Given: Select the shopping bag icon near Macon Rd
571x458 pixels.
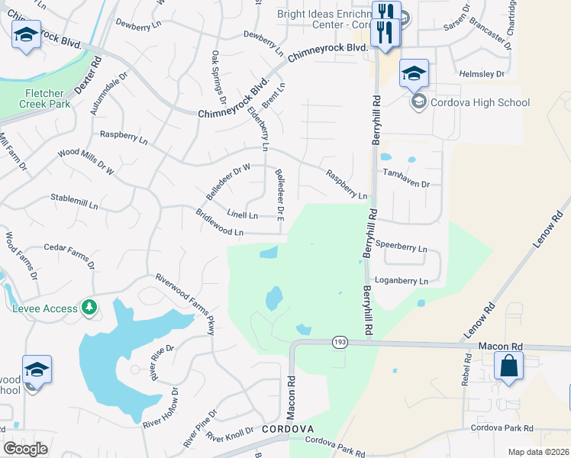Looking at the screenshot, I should (508, 367).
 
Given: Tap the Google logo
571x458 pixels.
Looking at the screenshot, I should (25, 449).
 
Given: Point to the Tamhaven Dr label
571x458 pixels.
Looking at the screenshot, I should (407, 184).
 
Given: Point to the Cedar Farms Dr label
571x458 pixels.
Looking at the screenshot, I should (69, 256).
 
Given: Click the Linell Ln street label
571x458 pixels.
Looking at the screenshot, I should (243, 214).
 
